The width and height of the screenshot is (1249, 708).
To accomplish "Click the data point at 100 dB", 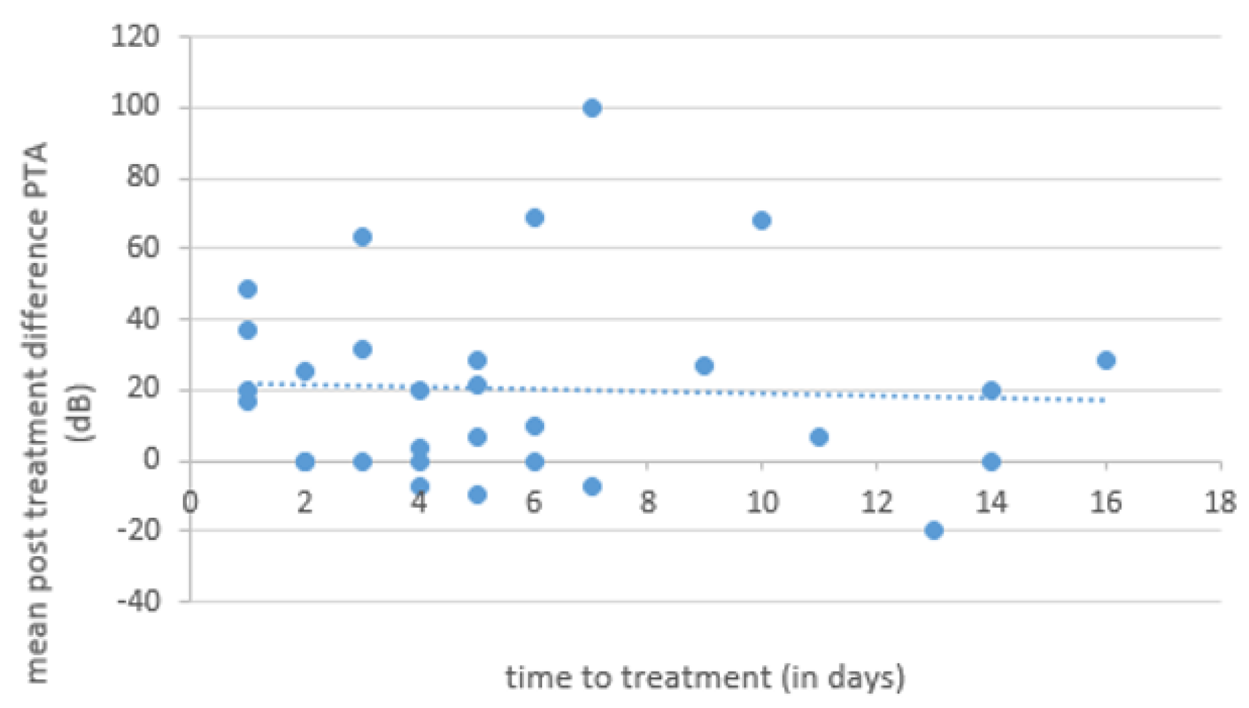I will pyautogui.click(x=592, y=108).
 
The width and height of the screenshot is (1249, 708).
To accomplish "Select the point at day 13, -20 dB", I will pyautogui.click(x=934, y=530).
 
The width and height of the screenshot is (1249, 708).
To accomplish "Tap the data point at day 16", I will pyautogui.click(x=1106, y=360).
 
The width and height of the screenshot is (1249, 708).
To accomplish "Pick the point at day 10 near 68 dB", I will pyautogui.click(x=762, y=221).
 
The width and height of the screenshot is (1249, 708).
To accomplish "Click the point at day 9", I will pyautogui.click(x=704, y=366).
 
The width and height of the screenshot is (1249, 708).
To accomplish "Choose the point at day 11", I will pyautogui.click(x=819, y=437).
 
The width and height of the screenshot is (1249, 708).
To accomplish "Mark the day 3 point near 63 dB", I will pyautogui.click(x=363, y=237).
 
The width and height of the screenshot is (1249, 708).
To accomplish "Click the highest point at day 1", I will pyautogui.click(x=247, y=289).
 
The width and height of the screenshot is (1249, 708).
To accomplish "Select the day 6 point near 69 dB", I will pyautogui.click(x=534, y=218).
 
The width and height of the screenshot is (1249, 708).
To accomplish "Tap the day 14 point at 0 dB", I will pyautogui.click(x=991, y=462).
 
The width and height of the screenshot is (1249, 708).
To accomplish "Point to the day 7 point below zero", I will pyautogui.click(x=592, y=487).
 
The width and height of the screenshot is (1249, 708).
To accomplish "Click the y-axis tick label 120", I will pyautogui.click(x=135, y=36).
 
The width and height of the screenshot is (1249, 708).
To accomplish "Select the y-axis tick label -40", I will pyautogui.click(x=138, y=601).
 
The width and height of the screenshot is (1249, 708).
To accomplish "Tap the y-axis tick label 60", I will pyautogui.click(x=143, y=248).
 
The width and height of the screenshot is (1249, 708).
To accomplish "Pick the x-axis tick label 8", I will pyautogui.click(x=648, y=503).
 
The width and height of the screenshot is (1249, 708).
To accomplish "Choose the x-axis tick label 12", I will pyautogui.click(x=876, y=503).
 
